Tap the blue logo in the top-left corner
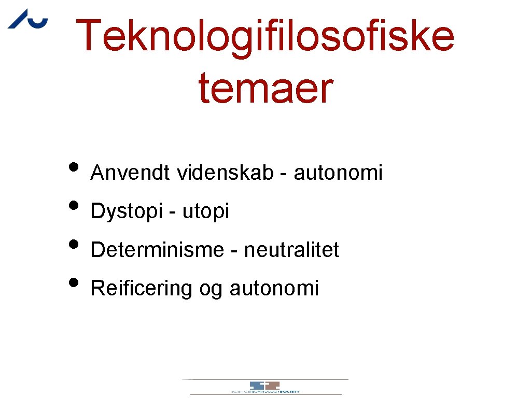coord(27,19)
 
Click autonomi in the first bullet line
coord(338,173)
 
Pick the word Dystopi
coord(127,211)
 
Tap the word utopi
coord(205,211)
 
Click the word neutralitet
coord(291,250)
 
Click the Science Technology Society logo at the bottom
coord(265,387)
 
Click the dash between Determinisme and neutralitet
coord(234,251)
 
